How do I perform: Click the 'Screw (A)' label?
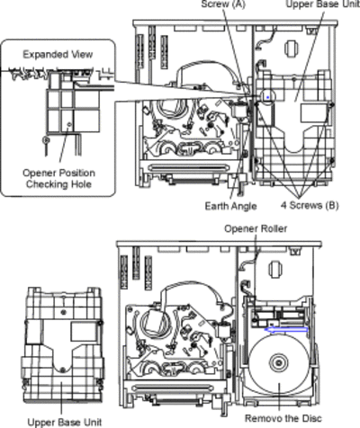(x=223, y=4)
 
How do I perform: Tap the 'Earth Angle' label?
(x=230, y=206)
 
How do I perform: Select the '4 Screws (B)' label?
(x=310, y=205)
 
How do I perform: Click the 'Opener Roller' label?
(x=256, y=228)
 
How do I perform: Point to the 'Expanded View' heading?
(x=58, y=55)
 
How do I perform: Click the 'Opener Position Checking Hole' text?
(x=58, y=178)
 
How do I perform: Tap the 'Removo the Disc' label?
(x=283, y=418)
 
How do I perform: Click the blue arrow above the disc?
(x=286, y=330)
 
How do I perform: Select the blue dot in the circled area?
(x=267, y=97)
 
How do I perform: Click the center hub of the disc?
(x=279, y=363)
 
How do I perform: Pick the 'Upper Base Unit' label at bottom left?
(x=65, y=422)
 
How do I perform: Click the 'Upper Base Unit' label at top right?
(x=323, y=4)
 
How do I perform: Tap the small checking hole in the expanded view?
(x=69, y=124)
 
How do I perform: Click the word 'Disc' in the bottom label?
(x=311, y=418)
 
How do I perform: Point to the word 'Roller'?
(x=273, y=228)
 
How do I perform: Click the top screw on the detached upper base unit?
(x=63, y=312)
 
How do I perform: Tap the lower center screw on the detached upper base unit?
(x=62, y=370)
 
